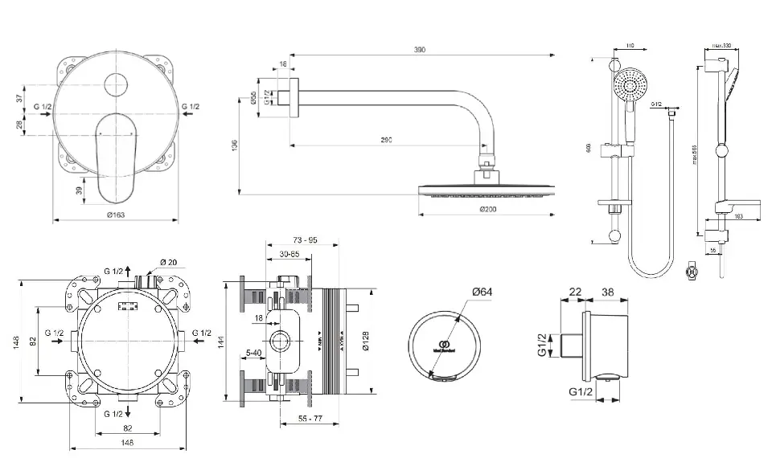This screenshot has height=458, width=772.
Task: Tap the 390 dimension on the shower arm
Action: [x=420, y=50]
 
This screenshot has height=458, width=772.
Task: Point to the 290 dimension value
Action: [x=386, y=141]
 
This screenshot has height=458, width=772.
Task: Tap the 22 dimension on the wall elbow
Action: [x=575, y=292]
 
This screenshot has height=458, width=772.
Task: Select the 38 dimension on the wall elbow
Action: [x=608, y=292]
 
